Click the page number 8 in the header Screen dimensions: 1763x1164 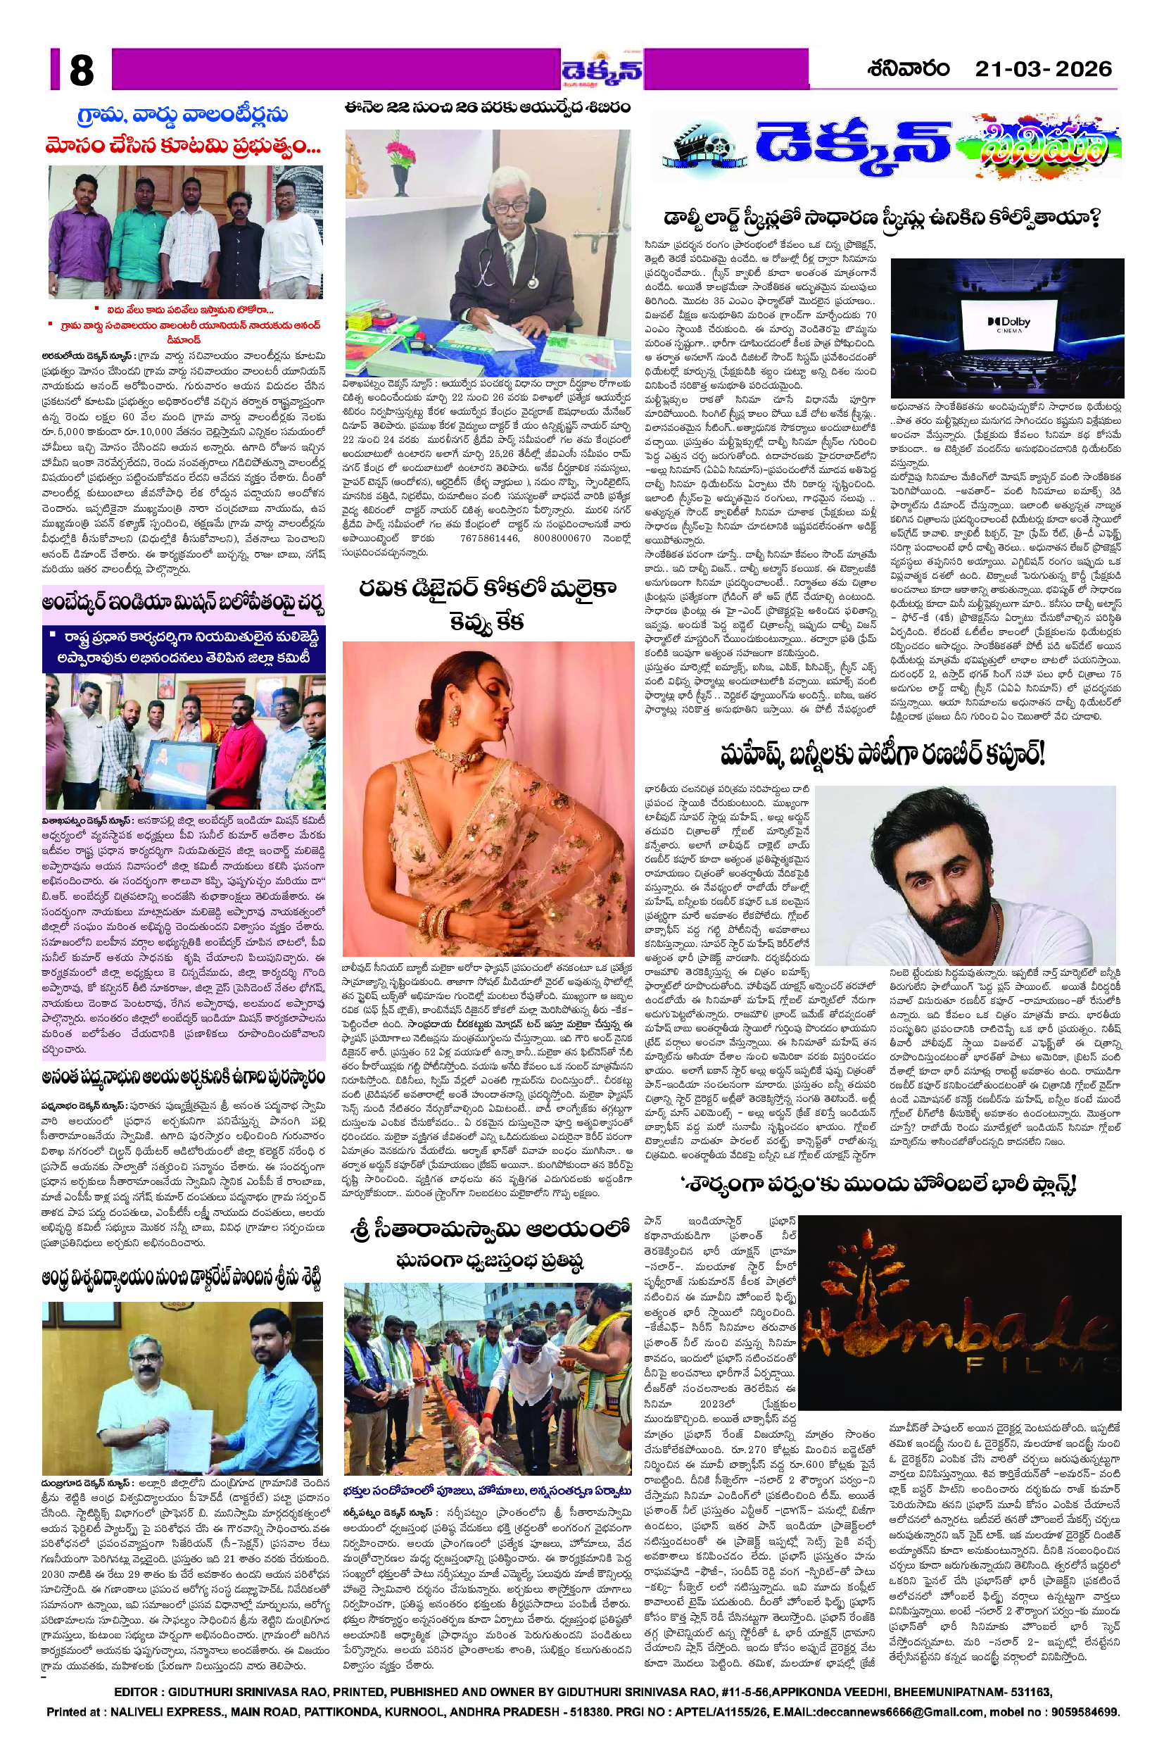tap(82, 70)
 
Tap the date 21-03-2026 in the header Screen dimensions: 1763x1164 tap(1043, 69)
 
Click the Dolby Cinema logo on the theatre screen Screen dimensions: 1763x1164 tap(1008, 324)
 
